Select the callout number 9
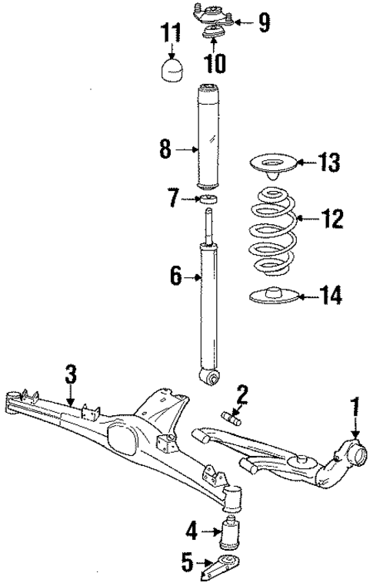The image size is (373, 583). (264, 22)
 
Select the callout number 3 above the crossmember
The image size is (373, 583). (71, 375)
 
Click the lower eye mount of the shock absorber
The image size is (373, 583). (209, 377)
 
